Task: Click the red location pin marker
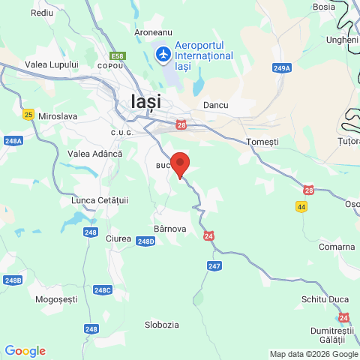180,163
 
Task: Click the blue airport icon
163,55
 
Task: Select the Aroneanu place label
153,33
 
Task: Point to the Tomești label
262,142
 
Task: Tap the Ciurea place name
118,238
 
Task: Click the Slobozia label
162,325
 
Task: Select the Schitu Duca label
325,299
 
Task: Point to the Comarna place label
336,247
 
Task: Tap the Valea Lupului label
52,64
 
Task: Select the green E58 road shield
117,55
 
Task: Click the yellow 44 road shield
301,206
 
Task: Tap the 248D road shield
145,241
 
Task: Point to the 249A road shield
282,68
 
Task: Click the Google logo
25,350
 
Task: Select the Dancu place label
215,106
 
